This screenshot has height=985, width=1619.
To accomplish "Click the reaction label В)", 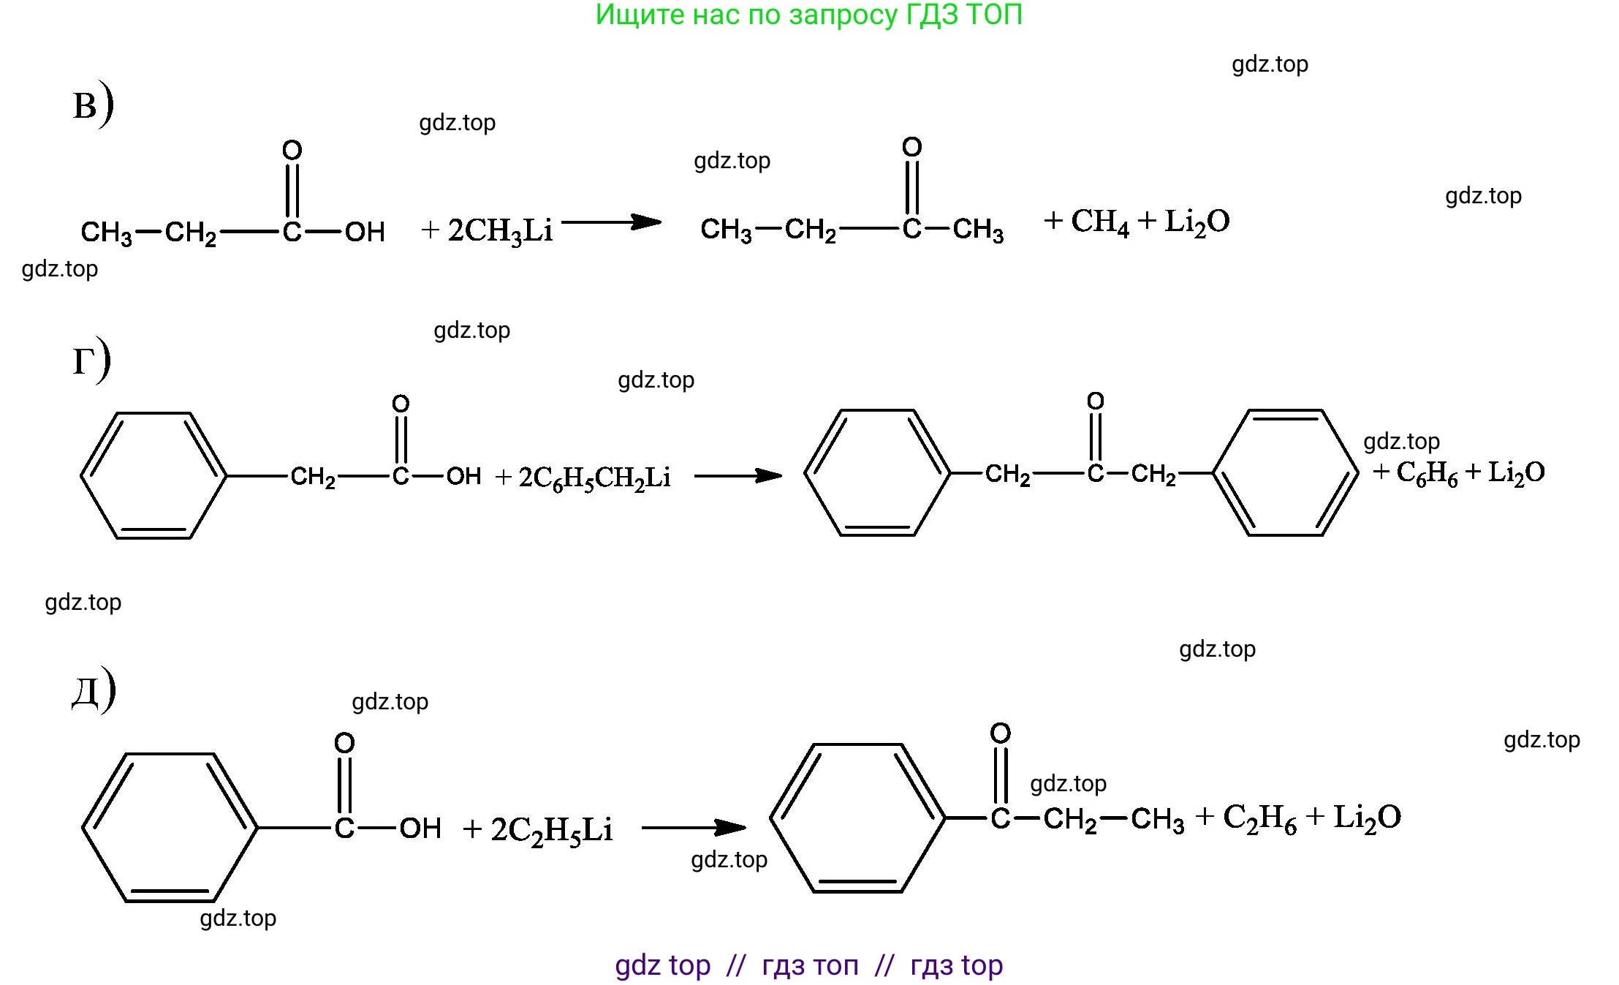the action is coord(94,105).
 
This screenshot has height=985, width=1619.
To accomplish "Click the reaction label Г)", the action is coord(91,360).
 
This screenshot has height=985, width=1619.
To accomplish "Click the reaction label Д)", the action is coord(94,689).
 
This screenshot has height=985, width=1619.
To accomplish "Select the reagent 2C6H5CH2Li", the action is coord(594,478).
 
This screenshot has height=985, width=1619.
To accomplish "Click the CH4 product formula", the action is coord(1100,222).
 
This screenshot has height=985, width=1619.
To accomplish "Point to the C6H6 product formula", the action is coord(1427,472).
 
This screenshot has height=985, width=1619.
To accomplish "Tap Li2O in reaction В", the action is coord(1197,222).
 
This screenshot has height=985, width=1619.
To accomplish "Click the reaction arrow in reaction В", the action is coord(611,222).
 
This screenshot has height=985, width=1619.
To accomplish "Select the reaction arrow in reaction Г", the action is coord(738,476).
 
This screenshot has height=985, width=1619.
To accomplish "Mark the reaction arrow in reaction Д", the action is coord(694,828).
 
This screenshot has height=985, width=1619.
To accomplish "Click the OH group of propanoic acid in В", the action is coord(365,232).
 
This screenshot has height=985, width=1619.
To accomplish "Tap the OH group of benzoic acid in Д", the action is coord(420,828).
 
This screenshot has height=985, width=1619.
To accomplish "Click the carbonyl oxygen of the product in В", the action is coord(912,147).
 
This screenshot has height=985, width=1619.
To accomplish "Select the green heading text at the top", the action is coord(809,15).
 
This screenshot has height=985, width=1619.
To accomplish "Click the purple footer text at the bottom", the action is coord(809,965).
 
